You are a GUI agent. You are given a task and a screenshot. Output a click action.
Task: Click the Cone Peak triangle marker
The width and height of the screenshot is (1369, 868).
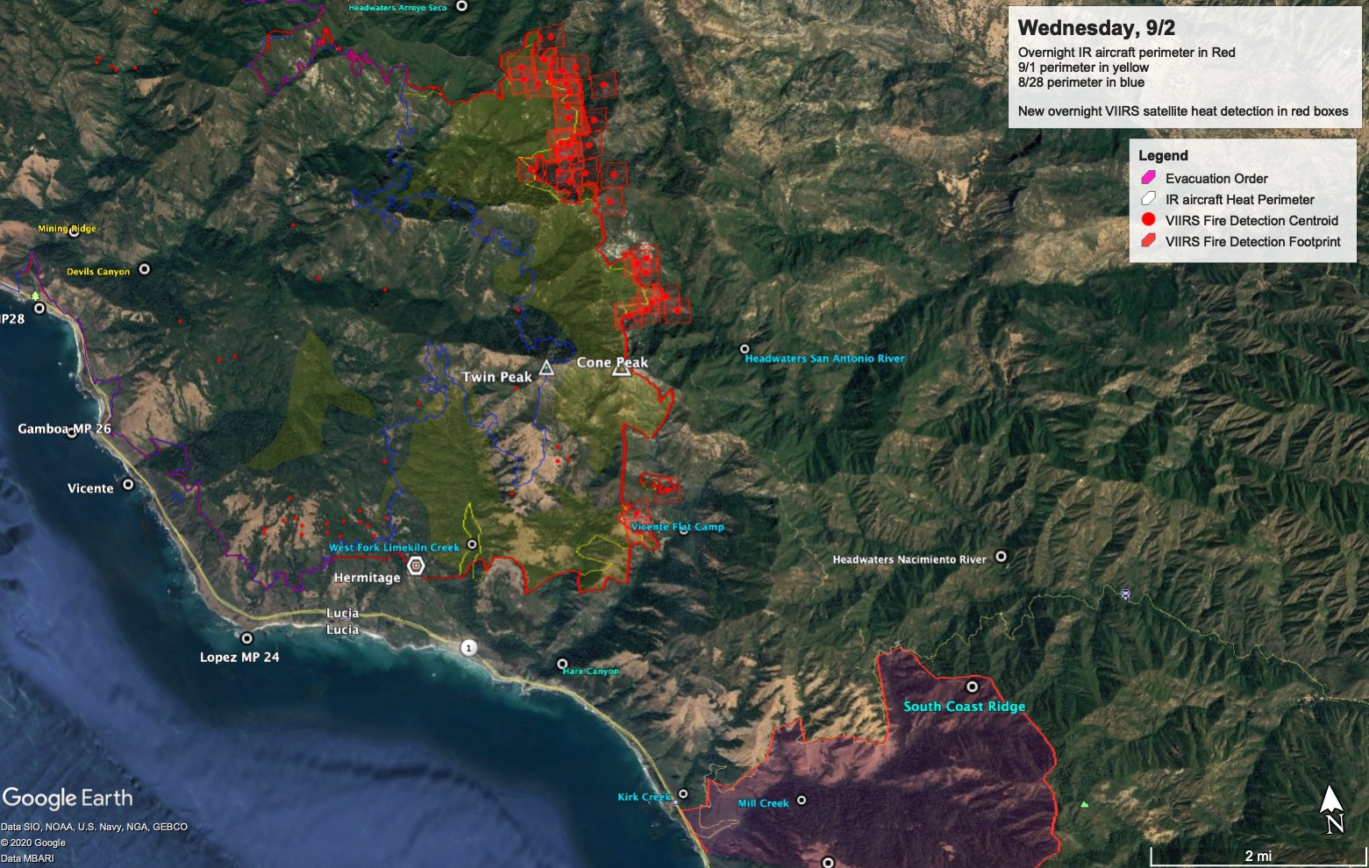point(621,369)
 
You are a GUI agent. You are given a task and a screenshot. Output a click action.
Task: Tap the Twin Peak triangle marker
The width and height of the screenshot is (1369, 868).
point(546,367)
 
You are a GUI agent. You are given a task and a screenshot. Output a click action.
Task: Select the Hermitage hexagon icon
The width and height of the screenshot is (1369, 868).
point(417,566)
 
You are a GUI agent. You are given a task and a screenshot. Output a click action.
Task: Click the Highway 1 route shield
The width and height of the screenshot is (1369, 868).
point(469,648)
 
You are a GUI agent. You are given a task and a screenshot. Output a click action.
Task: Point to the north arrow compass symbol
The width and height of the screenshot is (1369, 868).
point(1332,808)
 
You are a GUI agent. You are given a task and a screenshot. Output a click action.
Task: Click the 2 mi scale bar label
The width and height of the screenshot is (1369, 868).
point(1258,856)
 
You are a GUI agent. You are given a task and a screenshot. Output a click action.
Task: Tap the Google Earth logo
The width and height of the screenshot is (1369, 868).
point(68,798)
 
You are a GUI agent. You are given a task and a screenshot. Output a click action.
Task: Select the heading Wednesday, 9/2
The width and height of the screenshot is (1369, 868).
point(1096,28)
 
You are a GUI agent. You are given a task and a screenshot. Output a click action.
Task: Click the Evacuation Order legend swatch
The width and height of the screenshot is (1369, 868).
point(1148,178)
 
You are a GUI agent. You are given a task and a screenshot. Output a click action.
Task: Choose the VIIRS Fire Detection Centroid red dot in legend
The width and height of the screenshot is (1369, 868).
point(1148,220)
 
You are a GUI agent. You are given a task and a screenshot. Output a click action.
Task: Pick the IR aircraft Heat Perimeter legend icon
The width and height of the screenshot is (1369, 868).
point(1148,199)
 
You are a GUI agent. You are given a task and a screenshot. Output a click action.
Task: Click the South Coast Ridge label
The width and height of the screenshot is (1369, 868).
point(964,707)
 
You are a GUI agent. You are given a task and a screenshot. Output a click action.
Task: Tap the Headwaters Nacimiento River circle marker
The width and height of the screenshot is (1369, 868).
point(1001,556)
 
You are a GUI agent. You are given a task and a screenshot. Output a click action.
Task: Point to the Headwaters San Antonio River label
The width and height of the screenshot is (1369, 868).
point(824,359)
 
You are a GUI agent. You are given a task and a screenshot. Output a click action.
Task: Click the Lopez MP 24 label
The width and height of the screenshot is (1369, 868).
point(239,657)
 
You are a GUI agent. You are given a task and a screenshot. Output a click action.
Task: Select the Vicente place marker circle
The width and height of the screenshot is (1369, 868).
point(128,484)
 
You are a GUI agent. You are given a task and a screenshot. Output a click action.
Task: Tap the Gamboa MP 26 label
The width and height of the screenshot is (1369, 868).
point(64,429)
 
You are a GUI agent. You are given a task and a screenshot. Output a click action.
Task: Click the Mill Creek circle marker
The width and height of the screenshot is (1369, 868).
point(801,800)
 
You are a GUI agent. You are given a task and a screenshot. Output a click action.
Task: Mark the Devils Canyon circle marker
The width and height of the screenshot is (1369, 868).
point(145,269)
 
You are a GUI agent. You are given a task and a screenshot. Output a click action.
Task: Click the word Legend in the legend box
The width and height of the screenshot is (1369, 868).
point(1163,156)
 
